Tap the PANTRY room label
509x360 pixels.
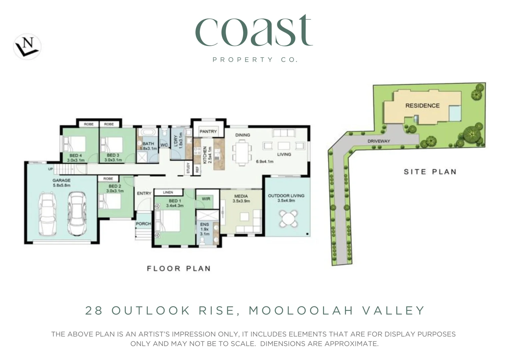coord(208,131)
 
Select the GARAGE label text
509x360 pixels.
coord(61,180)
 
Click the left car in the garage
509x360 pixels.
coord(49,214)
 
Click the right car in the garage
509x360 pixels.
coord(77,214)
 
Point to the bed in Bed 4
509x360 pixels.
coord(75,145)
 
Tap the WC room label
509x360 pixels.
coord(164,145)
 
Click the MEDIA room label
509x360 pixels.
coord(241,196)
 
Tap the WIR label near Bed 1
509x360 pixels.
coord(206,199)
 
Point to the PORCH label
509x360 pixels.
coord(143,224)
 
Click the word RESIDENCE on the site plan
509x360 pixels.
coord(422,106)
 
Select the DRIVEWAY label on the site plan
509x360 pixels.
coord(379,141)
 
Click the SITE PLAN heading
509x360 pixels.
coord(430,172)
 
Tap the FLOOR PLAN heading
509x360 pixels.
coord(179,268)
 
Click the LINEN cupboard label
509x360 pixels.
coord(168,192)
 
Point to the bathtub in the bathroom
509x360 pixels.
coord(148,132)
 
